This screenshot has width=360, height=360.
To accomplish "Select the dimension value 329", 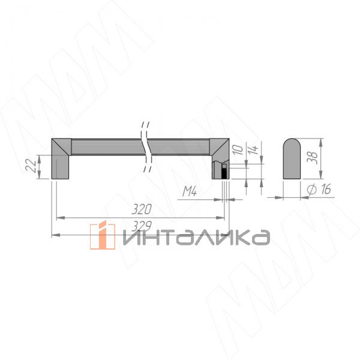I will pyautogui.click(x=142, y=226).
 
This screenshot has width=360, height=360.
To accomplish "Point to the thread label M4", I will pyautogui.click(x=190, y=192).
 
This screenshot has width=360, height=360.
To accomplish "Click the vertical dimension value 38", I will pyautogui.click(x=312, y=158).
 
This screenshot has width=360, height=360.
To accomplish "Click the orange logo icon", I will pyautogui.click(x=102, y=235).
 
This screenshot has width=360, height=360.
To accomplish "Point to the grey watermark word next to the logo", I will pyautogui.click(x=194, y=237).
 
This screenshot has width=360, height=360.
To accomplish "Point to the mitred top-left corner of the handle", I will pyautogui.click(x=61, y=145).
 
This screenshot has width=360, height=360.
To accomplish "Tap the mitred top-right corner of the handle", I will pyautogui.click(x=218, y=145).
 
